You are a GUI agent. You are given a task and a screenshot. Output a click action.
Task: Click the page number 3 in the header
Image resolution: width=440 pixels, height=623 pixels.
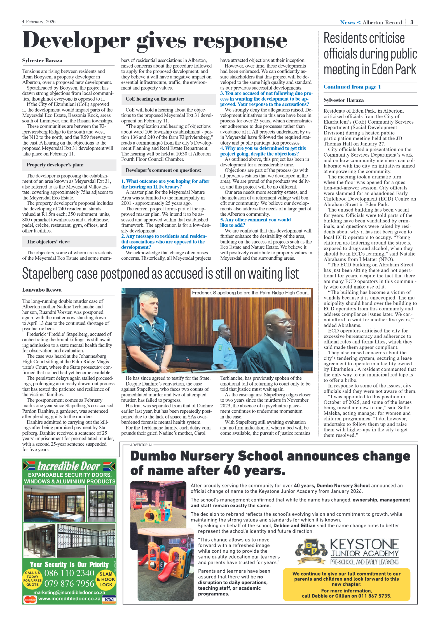412,22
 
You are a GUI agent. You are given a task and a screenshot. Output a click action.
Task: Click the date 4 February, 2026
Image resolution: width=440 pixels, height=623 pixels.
39,22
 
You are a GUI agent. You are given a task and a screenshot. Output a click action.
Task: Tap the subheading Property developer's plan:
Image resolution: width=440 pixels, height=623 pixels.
55,165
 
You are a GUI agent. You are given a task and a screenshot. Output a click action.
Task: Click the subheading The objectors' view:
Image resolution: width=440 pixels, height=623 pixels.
48,242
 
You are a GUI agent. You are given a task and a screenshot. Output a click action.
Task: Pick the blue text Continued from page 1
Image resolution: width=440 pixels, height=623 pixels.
352,87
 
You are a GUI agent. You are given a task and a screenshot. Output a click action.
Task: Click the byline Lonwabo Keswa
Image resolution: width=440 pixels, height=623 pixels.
42,290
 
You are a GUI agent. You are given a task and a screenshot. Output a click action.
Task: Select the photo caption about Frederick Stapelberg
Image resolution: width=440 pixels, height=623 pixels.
250,293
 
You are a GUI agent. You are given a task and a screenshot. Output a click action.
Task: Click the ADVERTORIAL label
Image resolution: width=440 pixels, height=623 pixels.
141,445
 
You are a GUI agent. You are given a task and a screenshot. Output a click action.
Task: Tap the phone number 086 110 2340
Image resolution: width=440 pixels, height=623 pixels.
69,573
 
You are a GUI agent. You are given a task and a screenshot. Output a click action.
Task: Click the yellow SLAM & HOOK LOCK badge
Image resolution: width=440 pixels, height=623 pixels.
106,579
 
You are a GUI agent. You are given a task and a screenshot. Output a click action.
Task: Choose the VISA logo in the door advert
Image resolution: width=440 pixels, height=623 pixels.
109,599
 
